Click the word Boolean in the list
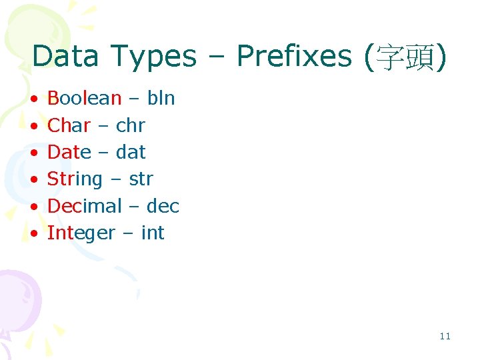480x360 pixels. (x=84, y=99)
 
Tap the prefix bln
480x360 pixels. (x=161, y=99)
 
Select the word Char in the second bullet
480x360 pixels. (x=69, y=125)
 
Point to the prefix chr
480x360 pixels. (x=130, y=125)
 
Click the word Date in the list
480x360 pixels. (x=69, y=152)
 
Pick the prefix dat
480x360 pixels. (x=131, y=152)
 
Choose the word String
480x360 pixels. (x=75, y=179)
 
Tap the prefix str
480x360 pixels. (x=141, y=179)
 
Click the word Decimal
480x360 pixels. (x=85, y=206)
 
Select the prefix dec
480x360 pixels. (x=163, y=206)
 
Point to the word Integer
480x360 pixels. (x=81, y=233)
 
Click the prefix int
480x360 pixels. (x=153, y=233)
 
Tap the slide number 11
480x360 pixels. (x=445, y=336)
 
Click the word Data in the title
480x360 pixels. (x=65, y=57)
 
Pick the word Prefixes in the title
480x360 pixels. (x=294, y=57)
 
